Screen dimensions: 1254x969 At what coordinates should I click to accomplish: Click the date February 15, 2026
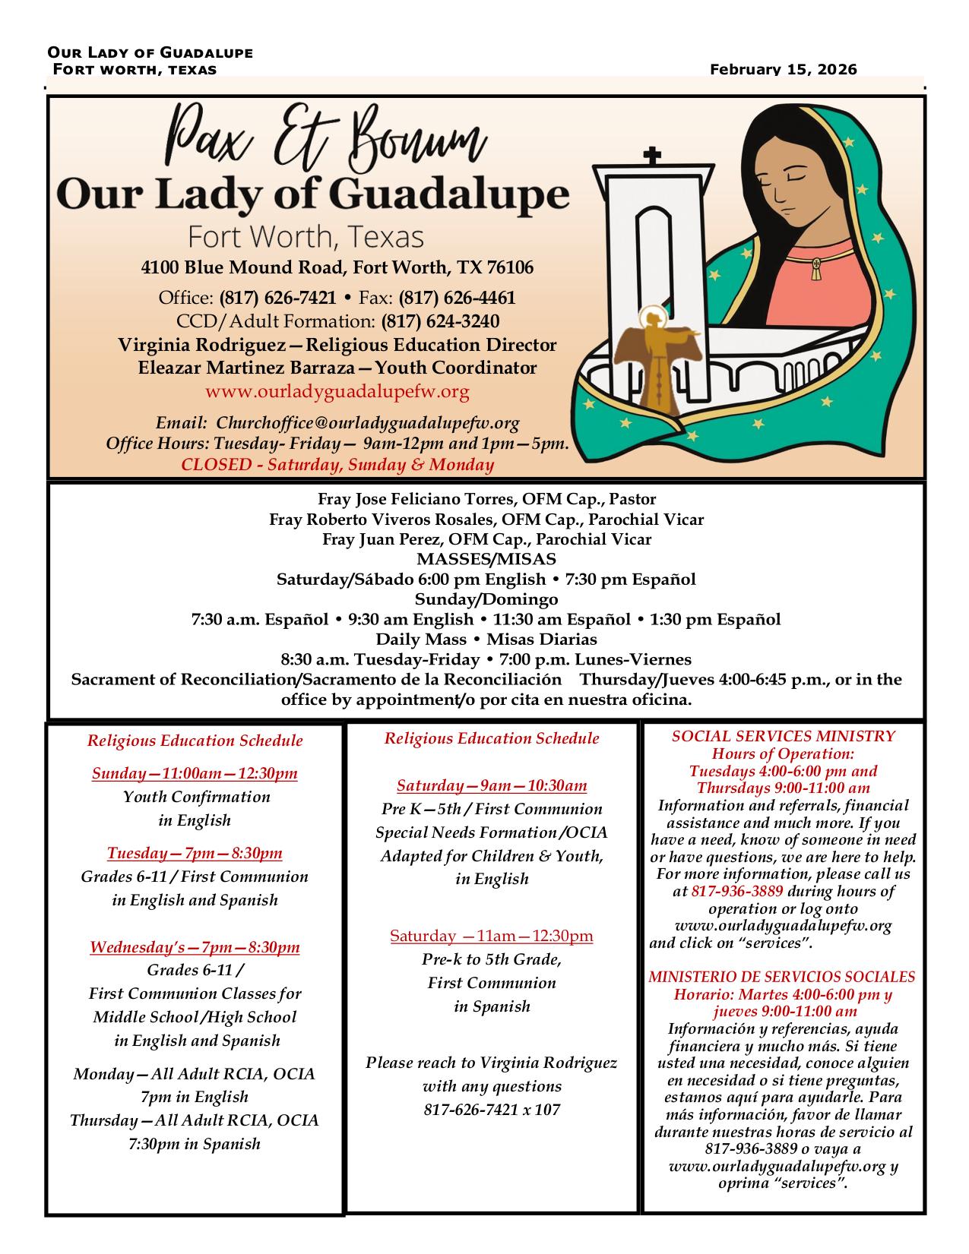[x=783, y=70]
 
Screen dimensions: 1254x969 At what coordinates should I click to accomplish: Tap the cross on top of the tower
[x=651, y=156]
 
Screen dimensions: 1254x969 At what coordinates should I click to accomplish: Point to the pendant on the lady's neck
[x=817, y=267]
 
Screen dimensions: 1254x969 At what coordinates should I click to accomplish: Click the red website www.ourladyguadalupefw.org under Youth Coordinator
[x=337, y=392]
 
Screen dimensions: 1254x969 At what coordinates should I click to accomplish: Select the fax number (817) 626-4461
[x=457, y=298]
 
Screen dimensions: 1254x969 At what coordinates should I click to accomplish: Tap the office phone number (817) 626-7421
[x=277, y=298]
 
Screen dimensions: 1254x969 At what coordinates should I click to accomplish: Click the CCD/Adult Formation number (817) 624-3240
[x=440, y=321]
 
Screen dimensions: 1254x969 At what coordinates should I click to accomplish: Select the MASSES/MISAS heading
[x=486, y=560]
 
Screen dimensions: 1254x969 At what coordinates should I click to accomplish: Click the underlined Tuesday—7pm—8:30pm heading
[x=195, y=853]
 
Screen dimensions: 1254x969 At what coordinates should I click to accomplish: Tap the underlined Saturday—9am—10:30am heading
[x=492, y=786]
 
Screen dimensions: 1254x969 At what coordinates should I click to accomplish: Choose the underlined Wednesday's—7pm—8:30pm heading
[x=195, y=947]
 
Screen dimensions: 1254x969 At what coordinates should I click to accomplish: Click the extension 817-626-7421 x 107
[x=492, y=1110]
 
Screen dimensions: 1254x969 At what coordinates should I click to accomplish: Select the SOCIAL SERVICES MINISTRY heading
[x=784, y=736]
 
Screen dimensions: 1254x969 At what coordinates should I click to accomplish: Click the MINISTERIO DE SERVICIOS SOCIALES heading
[x=782, y=977]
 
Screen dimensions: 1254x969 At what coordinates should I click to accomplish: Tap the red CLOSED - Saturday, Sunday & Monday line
[x=337, y=465]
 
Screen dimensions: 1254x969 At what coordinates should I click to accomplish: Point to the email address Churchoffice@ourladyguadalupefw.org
[x=368, y=423]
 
